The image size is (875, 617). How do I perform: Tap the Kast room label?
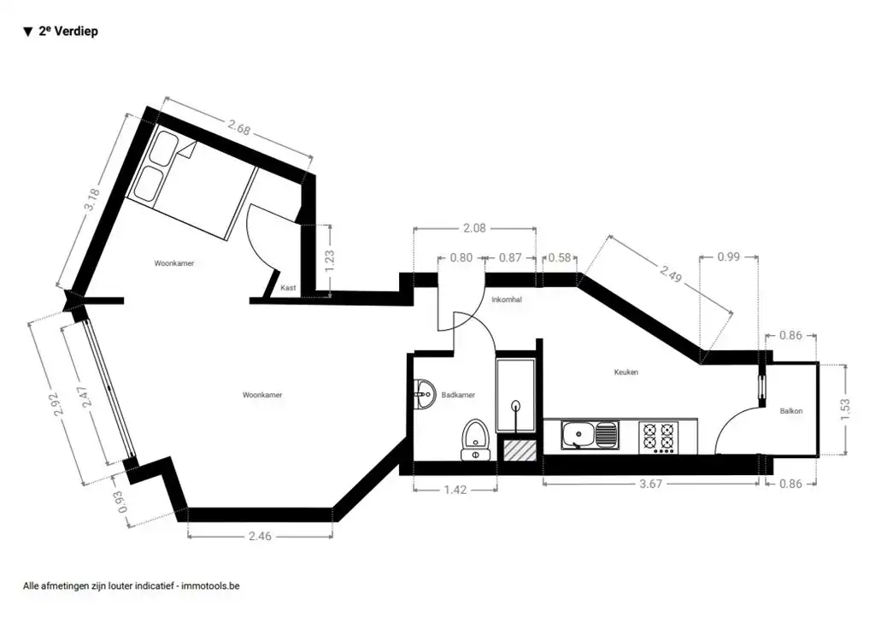(288, 288)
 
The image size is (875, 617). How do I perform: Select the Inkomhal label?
(507, 300)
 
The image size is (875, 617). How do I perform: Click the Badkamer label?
(458, 395)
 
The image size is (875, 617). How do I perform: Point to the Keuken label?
(626, 373)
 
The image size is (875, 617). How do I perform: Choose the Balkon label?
(791, 411)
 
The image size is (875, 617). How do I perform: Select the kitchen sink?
(590, 436)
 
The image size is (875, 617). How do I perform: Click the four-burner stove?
(658, 437)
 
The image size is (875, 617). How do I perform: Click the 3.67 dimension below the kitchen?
(650, 484)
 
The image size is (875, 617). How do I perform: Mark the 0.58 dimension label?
(560, 257)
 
